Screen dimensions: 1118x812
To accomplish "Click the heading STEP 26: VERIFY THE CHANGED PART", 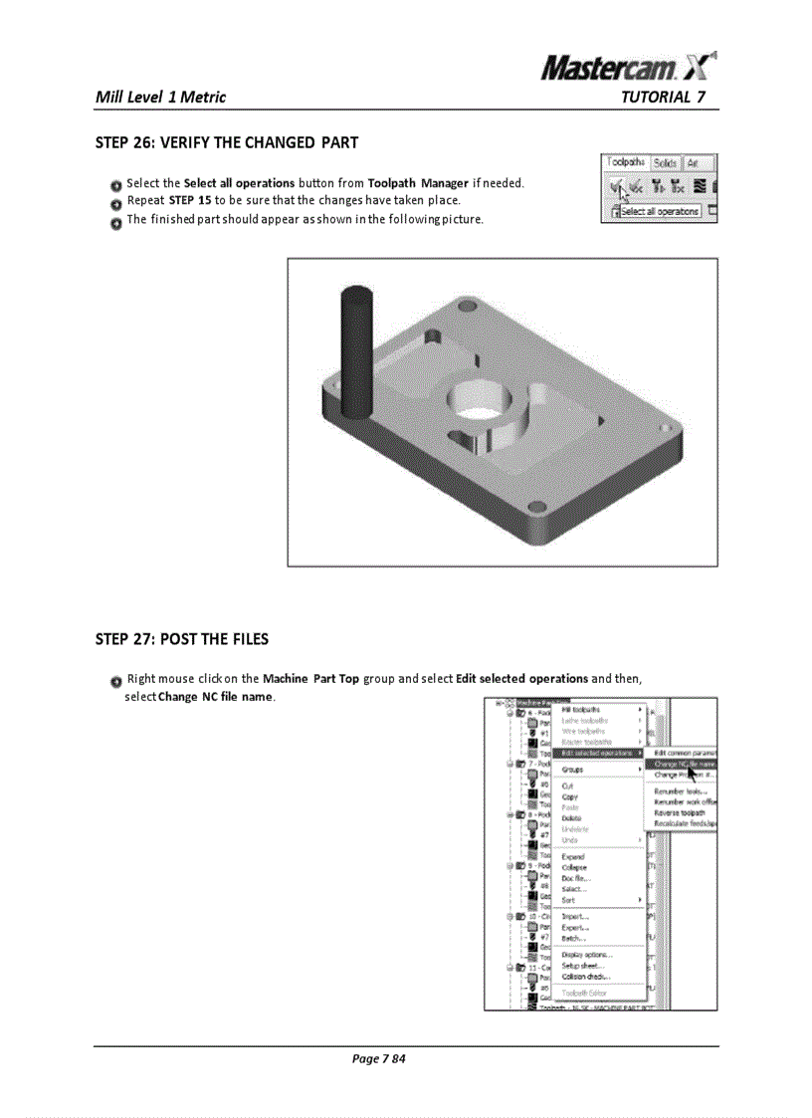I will [226, 142].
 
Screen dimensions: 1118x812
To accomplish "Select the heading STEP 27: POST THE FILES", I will [181, 638].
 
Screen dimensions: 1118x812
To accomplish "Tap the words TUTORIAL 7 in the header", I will [663, 97].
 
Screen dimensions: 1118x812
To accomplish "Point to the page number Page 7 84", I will [379, 1058].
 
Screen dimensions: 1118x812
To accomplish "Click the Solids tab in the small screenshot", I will [666, 163].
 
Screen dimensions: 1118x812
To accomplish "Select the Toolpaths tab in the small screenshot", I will [626, 162].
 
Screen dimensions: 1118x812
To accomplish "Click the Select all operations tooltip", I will [661, 211].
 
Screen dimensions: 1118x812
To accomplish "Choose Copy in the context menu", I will [569, 796].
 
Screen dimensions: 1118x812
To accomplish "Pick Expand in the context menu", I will [573, 856].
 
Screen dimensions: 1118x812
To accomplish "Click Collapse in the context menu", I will [575, 867].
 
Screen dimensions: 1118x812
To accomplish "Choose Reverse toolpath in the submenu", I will [681, 812].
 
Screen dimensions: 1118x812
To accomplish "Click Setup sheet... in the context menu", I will [582, 966].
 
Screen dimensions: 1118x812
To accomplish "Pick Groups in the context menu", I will [572, 770].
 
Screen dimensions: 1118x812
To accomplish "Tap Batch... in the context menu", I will [573, 938].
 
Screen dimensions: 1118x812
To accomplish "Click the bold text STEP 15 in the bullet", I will [189, 201].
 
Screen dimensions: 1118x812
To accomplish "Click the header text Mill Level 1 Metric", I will [160, 97].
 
